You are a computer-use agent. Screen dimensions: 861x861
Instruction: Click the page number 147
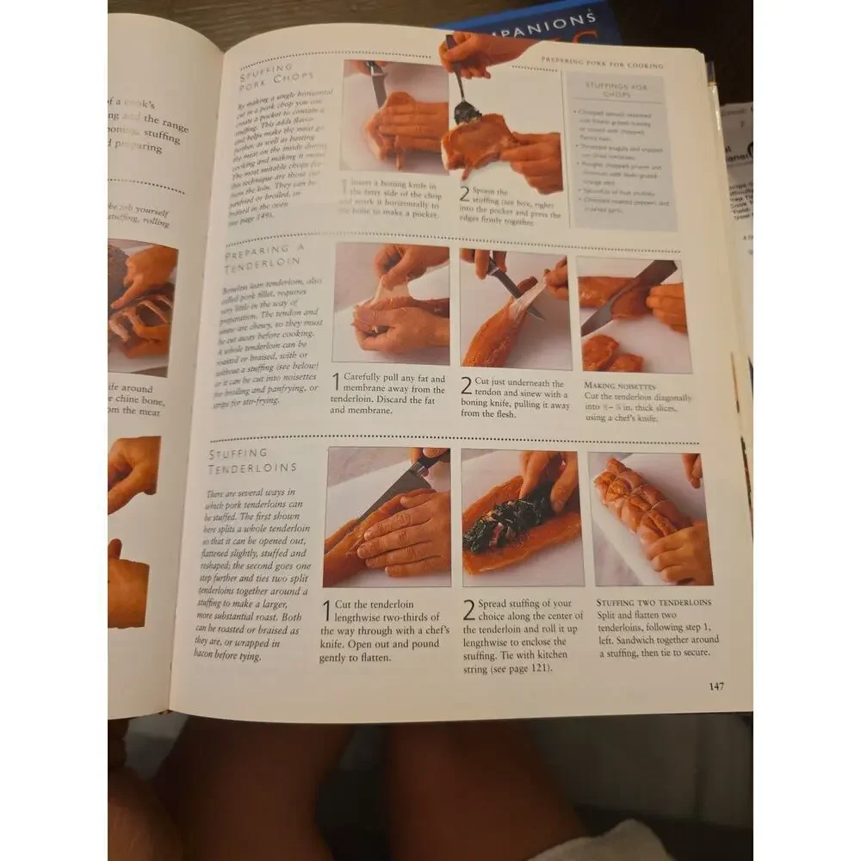point(715,686)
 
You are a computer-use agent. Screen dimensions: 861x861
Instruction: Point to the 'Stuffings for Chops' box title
point(616,90)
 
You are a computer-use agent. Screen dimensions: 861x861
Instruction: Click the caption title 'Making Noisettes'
point(620,387)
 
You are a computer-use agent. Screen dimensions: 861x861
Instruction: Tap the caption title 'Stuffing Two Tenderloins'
point(654,602)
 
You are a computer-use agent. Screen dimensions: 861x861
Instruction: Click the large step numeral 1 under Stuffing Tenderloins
point(327,610)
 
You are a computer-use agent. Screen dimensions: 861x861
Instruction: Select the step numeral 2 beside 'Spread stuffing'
point(468,610)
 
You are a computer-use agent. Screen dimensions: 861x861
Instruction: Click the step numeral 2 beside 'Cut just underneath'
point(466,386)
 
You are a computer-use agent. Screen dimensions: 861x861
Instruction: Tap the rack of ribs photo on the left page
point(142,300)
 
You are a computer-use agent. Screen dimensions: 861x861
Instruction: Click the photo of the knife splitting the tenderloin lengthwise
point(387,517)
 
